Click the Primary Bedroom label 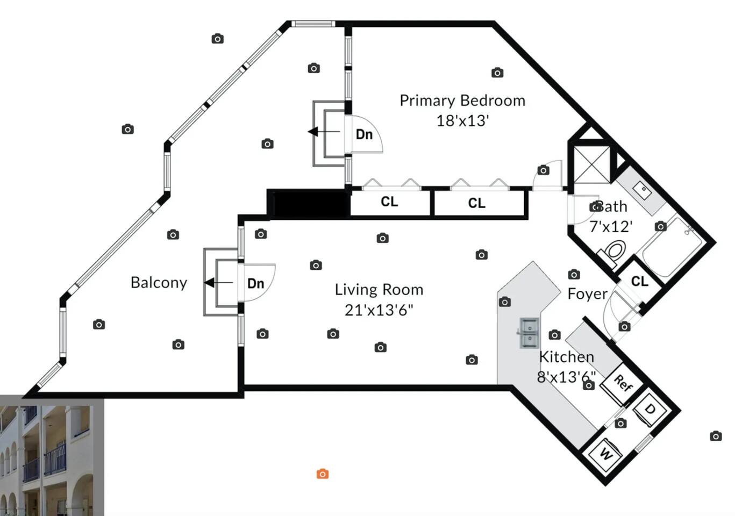click(x=462, y=101)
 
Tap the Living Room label click(x=379, y=290)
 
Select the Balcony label click(x=159, y=283)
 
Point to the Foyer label click(x=588, y=294)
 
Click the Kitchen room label click(x=567, y=357)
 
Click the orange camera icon click(x=323, y=474)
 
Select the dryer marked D click(x=650, y=410)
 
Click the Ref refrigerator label click(x=623, y=383)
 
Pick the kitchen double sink click(x=529, y=333)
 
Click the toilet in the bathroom click(x=613, y=252)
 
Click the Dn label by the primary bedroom click(x=364, y=134)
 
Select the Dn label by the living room click(x=256, y=283)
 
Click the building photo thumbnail click(x=52, y=456)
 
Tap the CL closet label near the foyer click(x=639, y=281)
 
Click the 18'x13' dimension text click(x=462, y=121)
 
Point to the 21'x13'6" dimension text click(x=379, y=310)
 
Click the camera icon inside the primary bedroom click(x=497, y=73)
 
